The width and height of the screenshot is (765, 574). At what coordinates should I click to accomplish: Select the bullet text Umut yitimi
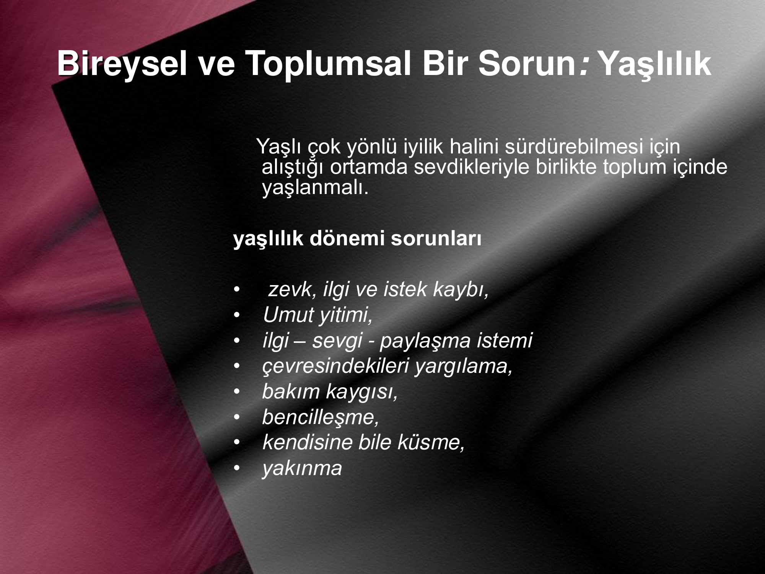coord(317,315)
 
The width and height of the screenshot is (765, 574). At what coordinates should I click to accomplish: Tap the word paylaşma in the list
coord(425,341)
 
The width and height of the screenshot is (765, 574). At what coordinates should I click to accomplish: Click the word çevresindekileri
coord(336,366)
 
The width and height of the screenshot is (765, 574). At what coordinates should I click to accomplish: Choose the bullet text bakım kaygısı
coord(330,391)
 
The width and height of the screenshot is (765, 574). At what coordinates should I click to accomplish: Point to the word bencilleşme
coord(320,417)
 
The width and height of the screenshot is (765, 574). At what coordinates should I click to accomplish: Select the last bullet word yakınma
coord(302,468)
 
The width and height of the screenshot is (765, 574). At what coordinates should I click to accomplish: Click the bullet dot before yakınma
coord(237,468)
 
